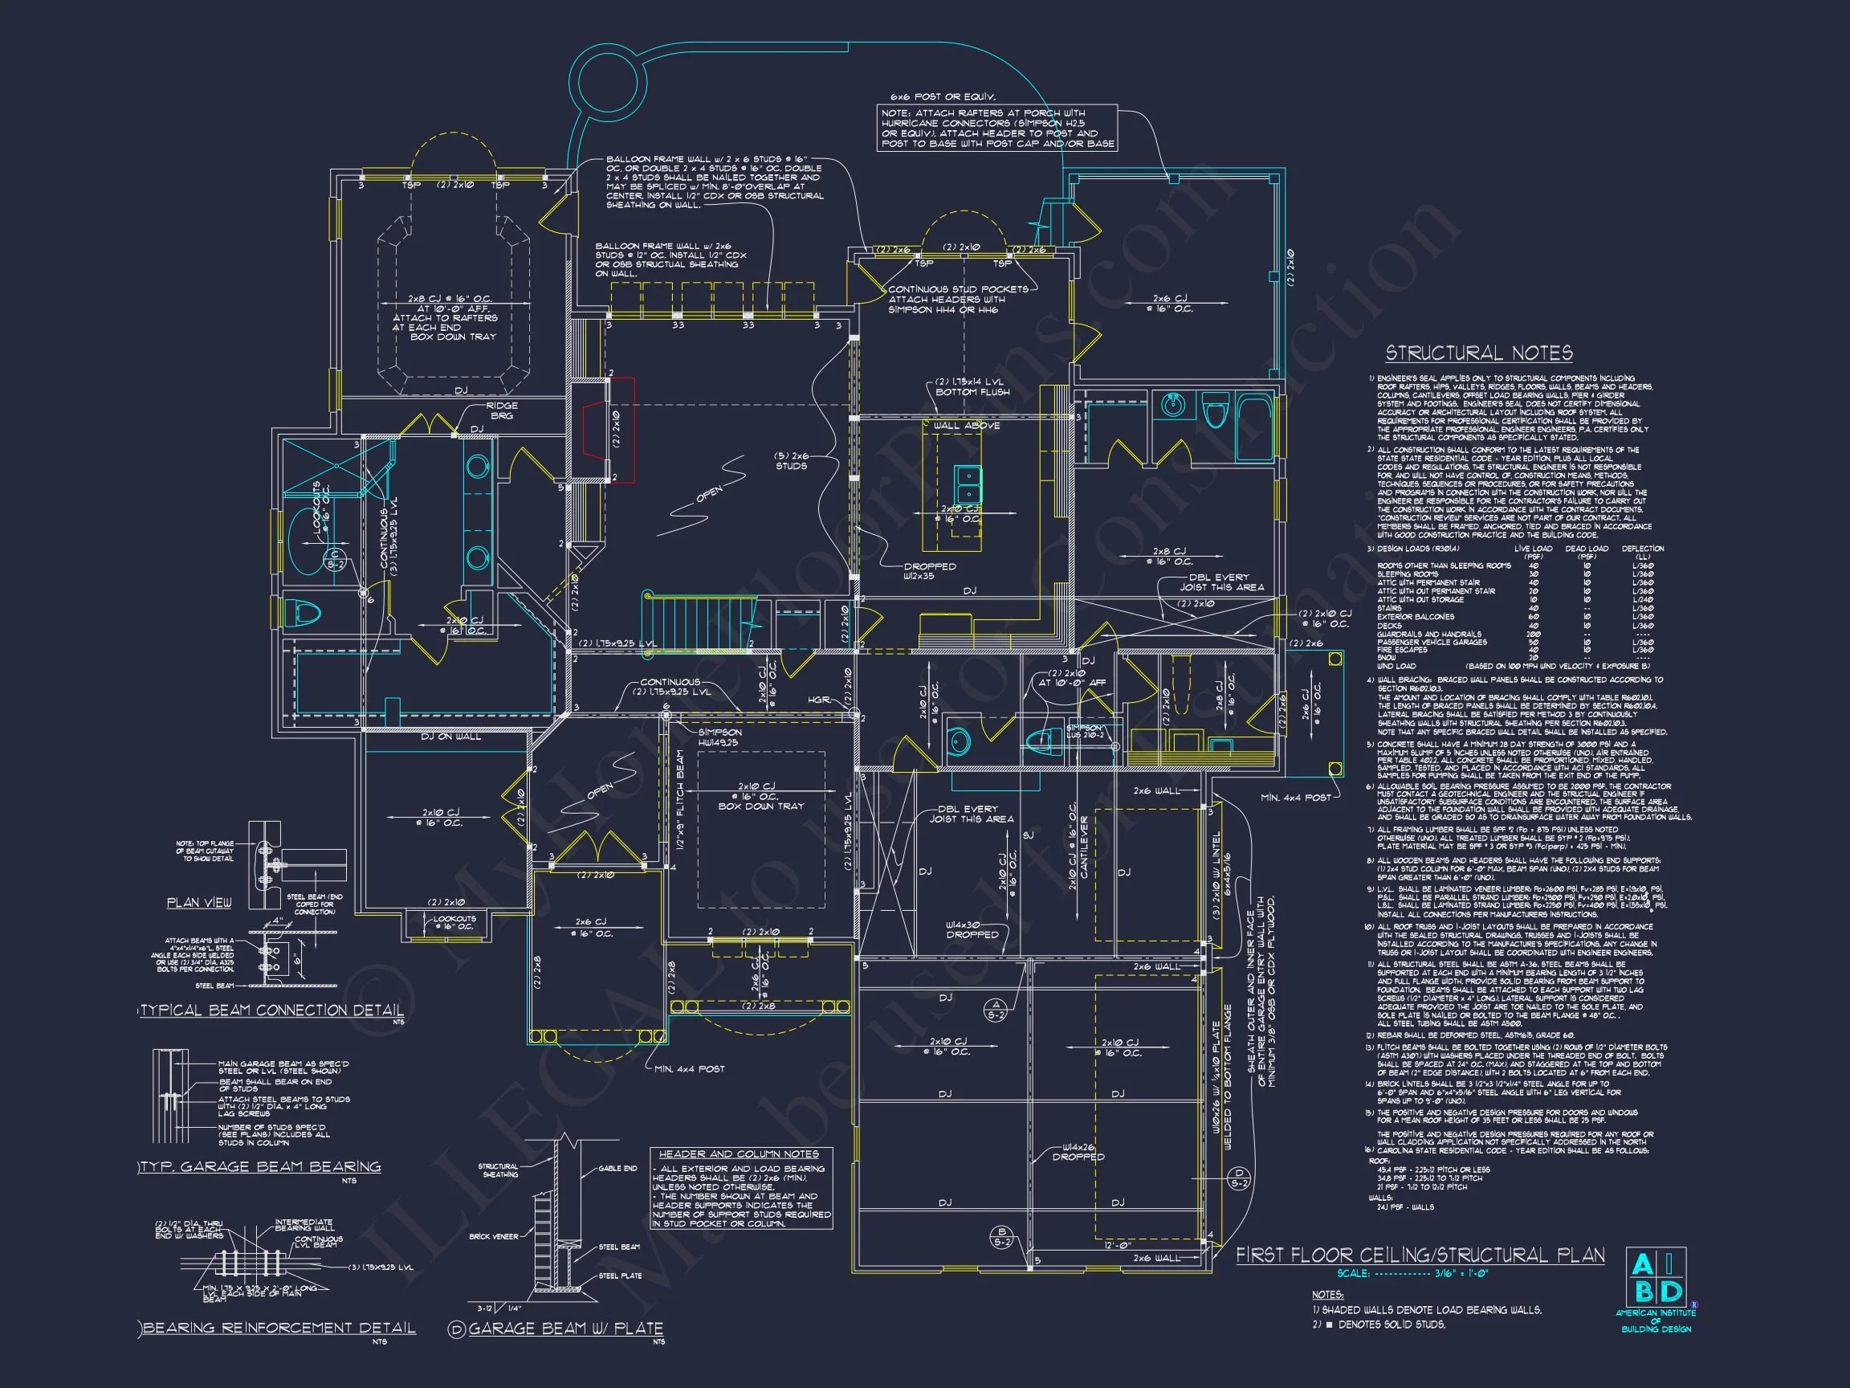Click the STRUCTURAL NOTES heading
[x=1479, y=353]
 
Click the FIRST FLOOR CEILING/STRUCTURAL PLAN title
[x=1420, y=1255]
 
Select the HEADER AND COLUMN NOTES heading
[x=739, y=1153]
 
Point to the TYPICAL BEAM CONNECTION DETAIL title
[x=272, y=1010]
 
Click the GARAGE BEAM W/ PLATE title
[x=565, y=1329]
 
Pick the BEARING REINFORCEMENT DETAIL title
[x=279, y=1328]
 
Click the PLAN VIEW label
[x=199, y=902]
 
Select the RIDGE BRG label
[x=502, y=410]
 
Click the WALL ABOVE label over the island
[x=966, y=426]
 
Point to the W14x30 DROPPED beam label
[x=972, y=929]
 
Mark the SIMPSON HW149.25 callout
[x=719, y=737]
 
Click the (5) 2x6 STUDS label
[x=790, y=461]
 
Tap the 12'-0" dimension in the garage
[x=1118, y=1246]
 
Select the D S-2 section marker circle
[x=1240, y=1179]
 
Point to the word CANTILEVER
[x=1084, y=847]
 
